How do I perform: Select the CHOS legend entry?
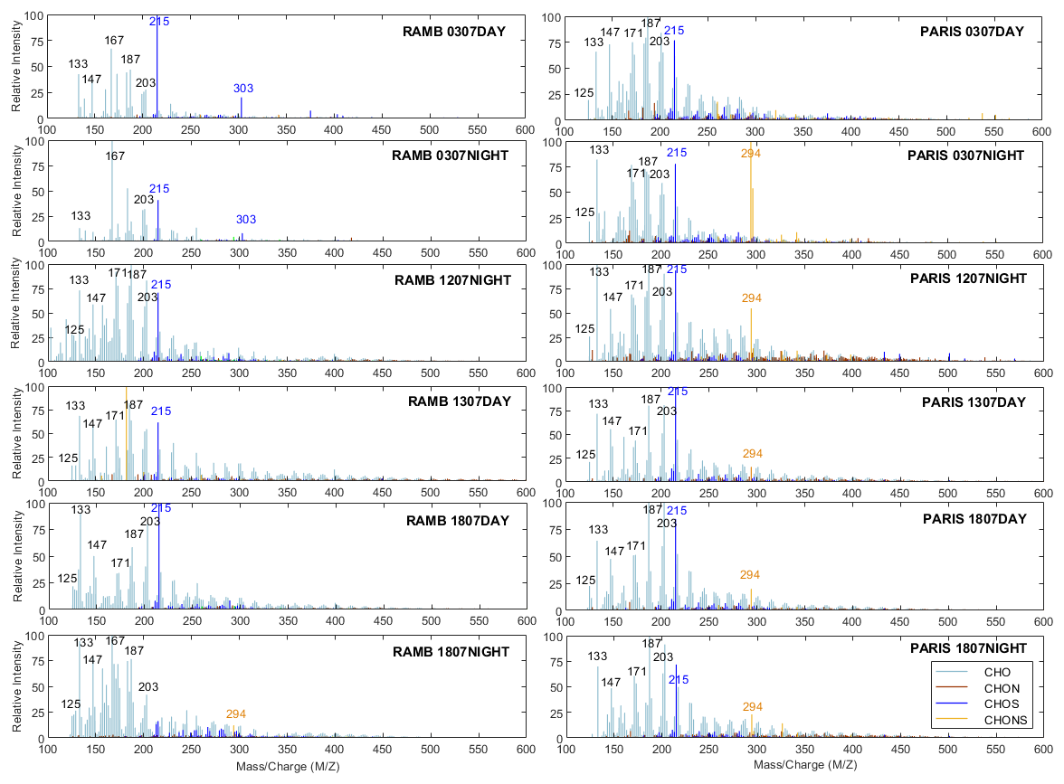(x=1005, y=704)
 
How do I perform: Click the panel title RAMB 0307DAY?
(x=454, y=32)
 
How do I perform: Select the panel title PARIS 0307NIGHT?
(x=965, y=156)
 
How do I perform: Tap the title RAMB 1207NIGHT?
(x=452, y=279)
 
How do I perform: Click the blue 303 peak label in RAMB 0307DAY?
(x=243, y=89)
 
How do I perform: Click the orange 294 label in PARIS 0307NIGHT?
(x=751, y=154)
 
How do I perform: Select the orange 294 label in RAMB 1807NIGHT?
(x=236, y=714)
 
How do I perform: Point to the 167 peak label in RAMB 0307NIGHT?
(x=115, y=156)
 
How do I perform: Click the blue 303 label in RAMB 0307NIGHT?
(x=246, y=220)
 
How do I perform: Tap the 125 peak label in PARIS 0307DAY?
(x=584, y=93)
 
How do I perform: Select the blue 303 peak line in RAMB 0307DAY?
(x=242, y=109)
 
